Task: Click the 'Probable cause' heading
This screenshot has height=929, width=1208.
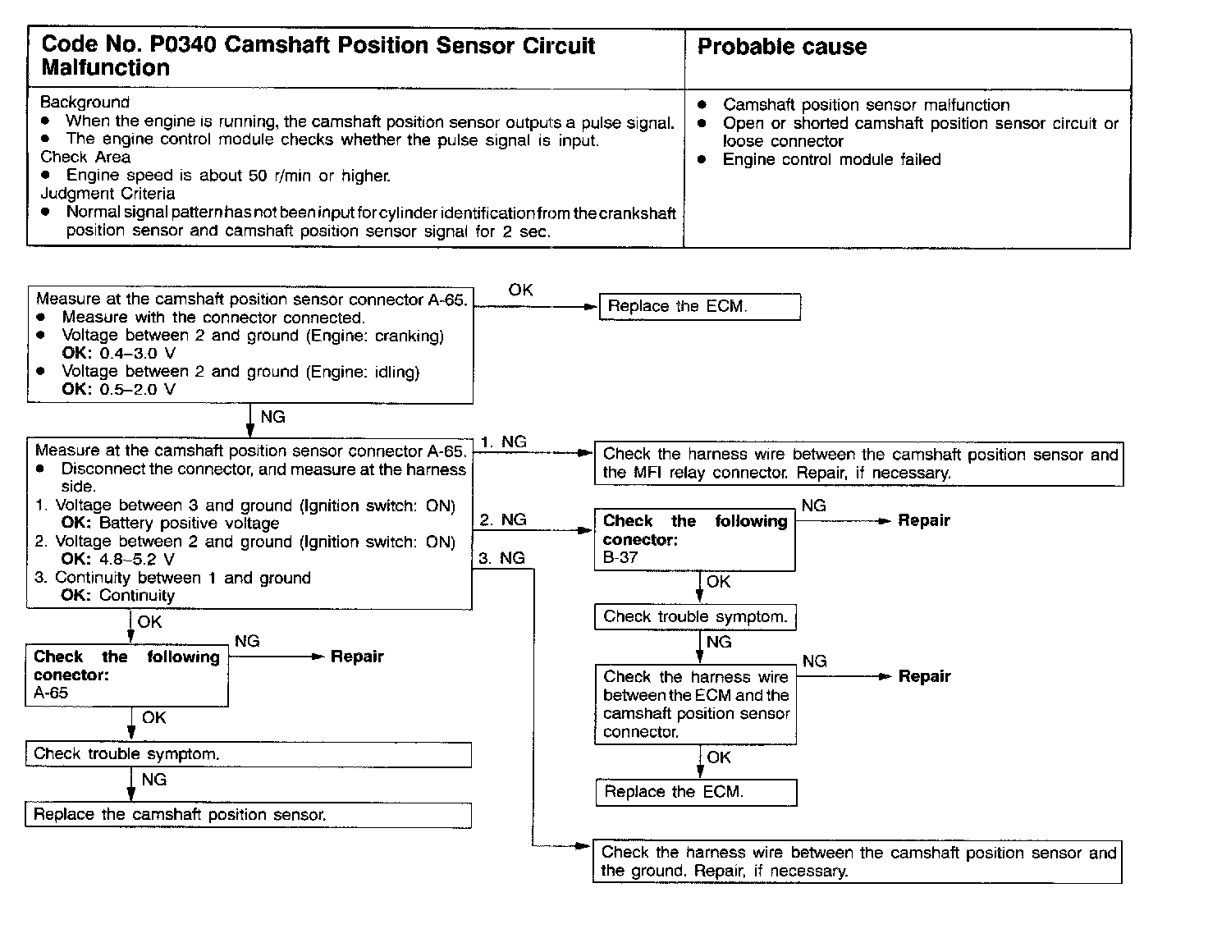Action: point(781,47)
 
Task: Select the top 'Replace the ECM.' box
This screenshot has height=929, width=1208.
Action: point(699,307)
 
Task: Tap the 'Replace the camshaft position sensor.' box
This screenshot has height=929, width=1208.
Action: point(248,815)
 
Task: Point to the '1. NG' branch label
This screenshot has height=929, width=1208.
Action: point(503,442)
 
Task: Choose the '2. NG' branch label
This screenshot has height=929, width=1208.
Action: point(503,519)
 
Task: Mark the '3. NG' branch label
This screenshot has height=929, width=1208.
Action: point(501,558)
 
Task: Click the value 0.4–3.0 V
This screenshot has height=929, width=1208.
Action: point(137,354)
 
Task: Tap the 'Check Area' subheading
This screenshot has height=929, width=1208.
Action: point(85,157)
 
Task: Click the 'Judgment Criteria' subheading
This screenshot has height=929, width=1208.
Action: point(108,194)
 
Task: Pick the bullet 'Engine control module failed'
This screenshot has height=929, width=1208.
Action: point(831,159)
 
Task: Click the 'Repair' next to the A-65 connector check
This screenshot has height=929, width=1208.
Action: point(356,657)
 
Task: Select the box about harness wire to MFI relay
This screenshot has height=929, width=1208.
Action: point(858,464)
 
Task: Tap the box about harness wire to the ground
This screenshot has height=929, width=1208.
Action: point(857,862)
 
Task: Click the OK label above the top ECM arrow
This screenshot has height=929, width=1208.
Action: point(520,290)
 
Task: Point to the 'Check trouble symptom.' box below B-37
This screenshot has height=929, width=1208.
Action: point(695,617)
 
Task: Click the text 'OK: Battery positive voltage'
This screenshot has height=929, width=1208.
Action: point(170,523)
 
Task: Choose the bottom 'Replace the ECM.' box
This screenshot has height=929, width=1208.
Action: point(695,792)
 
